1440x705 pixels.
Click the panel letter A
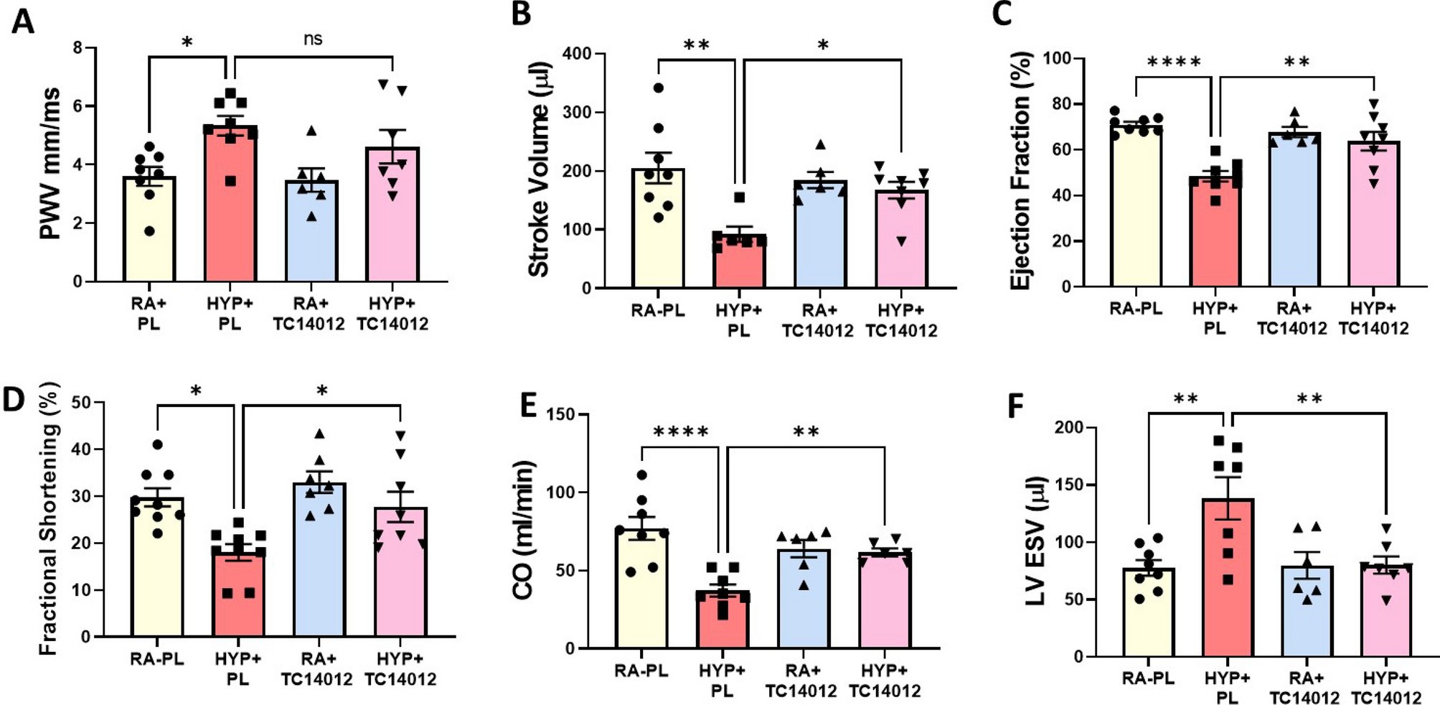tap(22, 22)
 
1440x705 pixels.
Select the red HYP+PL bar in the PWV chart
tap(230, 215)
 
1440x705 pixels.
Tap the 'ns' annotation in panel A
tap(313, 39)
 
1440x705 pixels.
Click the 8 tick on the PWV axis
tap(77, 48)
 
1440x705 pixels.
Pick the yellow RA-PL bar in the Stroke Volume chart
tap(658, 237)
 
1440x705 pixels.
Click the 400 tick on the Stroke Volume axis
tap(577, 54)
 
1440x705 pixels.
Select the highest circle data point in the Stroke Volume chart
tap(658, 88)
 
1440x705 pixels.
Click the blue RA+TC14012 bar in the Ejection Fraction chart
tap(1293, 215)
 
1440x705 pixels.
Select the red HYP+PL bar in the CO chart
tap(722, 625)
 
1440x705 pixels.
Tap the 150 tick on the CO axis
tap(560, 415)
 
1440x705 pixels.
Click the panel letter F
tap(1015, 406)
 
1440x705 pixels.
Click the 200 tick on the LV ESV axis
tap(1068, 428)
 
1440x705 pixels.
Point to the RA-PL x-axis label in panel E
tap(641, 671)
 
